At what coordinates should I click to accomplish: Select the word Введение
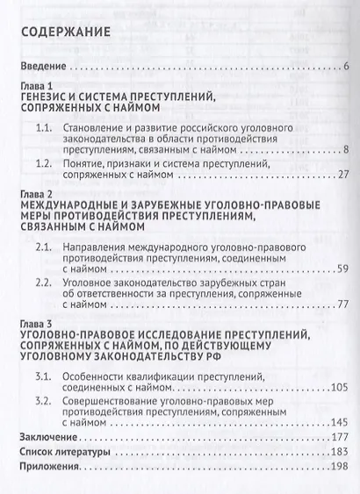tap(42, 67)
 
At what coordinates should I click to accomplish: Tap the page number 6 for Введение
tap(348, 67)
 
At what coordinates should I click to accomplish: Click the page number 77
tap(343, 303)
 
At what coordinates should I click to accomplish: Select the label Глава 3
tap(36, 323)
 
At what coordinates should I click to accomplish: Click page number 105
tap(341, 389)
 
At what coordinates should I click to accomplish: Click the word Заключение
tap(47, 437)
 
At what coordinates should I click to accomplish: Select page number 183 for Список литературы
tap(341, 452)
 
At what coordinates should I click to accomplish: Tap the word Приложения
tap(50, 466)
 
